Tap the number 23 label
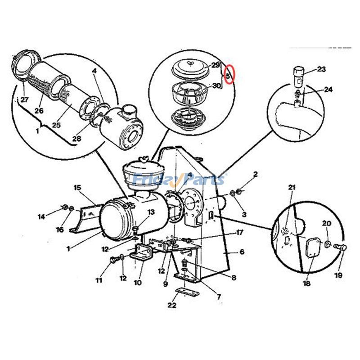(321, 69)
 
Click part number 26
(39, 111)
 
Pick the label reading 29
(215, 65)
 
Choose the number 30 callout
(216, 85)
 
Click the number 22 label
(171, 305)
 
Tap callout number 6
(242, 252)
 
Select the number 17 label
(240, 233)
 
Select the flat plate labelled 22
(186, 292)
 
